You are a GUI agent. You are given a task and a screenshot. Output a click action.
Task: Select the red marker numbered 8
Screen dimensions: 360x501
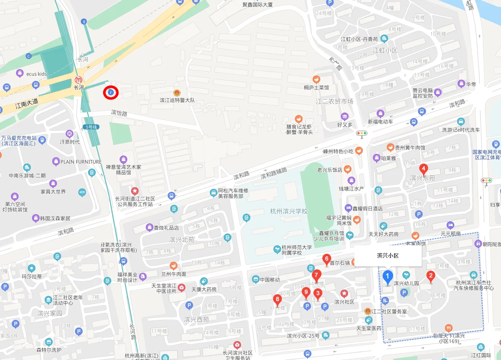(x=277, y=300)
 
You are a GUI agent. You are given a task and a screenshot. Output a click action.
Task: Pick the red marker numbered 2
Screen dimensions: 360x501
(x=431, y=277)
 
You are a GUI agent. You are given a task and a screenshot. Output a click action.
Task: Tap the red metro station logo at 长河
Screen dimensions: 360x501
(x=78, y=80)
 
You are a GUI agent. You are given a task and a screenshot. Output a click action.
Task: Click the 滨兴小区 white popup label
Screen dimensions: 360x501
(x=388, y=256)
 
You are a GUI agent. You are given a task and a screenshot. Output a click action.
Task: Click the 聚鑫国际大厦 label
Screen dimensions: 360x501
(x=257, y=5)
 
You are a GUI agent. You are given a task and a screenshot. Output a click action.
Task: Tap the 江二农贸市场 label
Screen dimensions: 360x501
(x=335, y=102)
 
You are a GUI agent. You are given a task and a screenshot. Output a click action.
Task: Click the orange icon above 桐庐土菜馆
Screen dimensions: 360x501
(x=316, y=79)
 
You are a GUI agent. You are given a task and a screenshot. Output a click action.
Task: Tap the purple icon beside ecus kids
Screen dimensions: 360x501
(x=19, y=74)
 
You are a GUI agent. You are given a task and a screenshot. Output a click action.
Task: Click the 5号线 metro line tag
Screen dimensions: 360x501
(x=91, y=126)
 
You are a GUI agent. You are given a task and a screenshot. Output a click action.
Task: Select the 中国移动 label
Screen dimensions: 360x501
(x=269, y=279)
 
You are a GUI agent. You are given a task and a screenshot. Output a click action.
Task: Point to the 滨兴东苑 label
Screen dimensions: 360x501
(x=423, y=179)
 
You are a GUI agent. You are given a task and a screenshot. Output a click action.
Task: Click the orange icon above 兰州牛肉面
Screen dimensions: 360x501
(x=173, y=266)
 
